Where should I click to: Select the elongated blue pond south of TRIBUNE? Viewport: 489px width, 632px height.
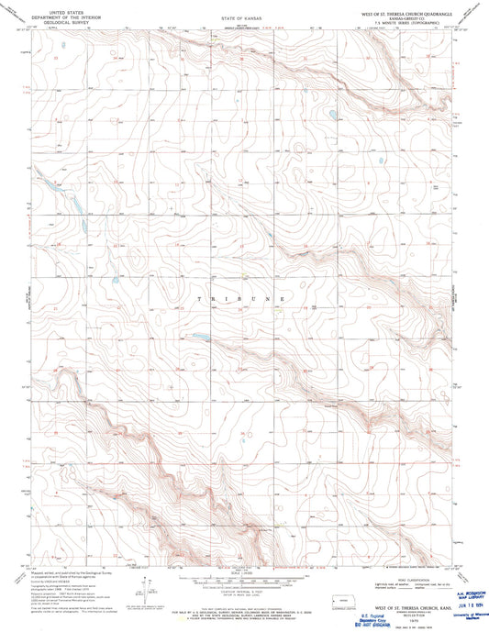click(197, 337)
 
